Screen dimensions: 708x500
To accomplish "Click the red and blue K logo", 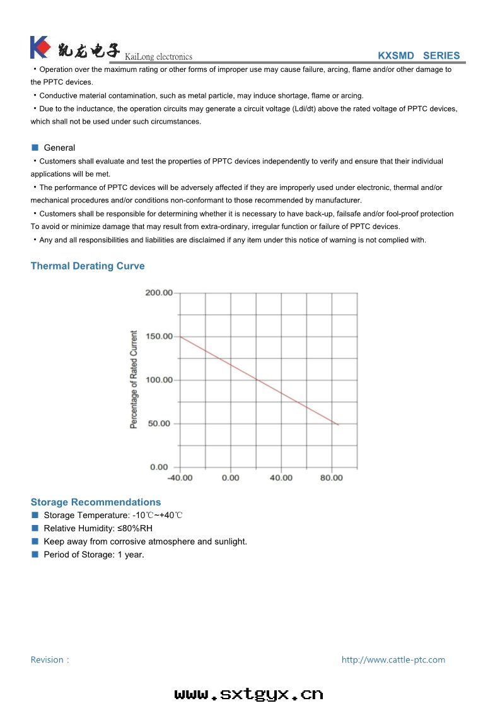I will click(x=39, y=47).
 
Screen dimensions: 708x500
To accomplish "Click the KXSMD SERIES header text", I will click(x=419, y=56).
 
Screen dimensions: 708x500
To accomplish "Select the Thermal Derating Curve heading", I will click(x=88, y=266).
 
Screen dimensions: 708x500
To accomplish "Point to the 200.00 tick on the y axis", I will click(x=158, y=293).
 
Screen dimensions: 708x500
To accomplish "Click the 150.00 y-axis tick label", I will click(x=158, y=336).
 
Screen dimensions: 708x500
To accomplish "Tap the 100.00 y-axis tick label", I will click(x=158, y=380).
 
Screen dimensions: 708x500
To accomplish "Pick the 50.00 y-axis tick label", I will click(x=160, y=423).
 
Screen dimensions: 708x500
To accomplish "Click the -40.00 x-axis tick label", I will click(x=180, y=478).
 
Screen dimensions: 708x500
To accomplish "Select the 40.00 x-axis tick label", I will click(x=281, y=478).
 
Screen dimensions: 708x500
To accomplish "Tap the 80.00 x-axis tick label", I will click(x=332, y=478).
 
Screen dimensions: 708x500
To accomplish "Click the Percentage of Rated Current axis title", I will click(x=134, y=380).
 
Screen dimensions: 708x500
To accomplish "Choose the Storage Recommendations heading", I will click(x=96, y=502).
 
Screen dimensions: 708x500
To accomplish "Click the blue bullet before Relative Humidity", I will click(x=35, y=528).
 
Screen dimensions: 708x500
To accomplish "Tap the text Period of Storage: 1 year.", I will click(x=94, y=555).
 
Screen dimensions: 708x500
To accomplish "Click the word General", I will click(x=59, y=148).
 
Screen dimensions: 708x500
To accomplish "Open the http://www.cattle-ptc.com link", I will click(x=393, y=659).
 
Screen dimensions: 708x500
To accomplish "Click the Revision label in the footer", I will click(x=50, y=659).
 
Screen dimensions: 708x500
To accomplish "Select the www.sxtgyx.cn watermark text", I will click(x=248, y=694).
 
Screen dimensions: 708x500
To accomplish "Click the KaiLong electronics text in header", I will click(x=159, y=57).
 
